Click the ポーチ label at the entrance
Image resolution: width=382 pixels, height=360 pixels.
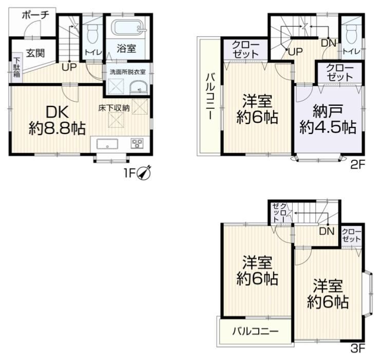35,15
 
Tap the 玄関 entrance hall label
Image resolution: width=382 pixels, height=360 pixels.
35,53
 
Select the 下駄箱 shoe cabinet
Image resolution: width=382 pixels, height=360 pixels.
16,67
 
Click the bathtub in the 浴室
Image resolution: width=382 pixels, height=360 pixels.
128,28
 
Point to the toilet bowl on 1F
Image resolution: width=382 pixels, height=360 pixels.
92,33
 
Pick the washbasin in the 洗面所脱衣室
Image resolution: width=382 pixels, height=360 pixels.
139,88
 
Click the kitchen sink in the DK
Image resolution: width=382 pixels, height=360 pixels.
107,144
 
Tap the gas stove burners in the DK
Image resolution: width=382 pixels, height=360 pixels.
137,143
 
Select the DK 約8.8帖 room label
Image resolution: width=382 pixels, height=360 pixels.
58,120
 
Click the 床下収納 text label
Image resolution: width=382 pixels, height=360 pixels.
114,108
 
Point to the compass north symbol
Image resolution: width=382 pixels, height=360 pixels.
144,173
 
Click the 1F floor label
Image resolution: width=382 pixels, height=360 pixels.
129,173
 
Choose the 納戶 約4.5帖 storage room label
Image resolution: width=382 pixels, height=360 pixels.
328,119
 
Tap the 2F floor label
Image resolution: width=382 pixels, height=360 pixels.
358,165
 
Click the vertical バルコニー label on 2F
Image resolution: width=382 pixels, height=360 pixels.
211,97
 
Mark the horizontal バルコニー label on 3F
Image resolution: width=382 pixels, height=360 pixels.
255,331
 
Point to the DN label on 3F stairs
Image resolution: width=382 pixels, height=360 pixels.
327,231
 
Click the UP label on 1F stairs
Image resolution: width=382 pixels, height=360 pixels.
69,67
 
